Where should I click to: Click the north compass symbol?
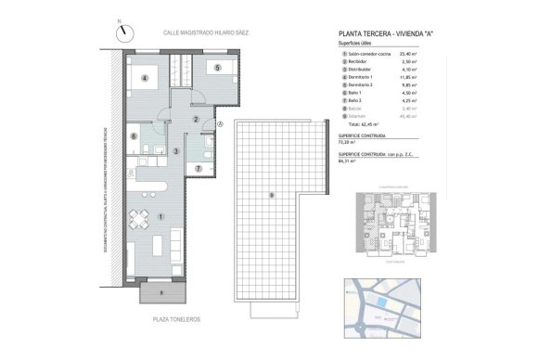[x=122, y=31]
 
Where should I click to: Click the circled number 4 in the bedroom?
[x=145, y=78]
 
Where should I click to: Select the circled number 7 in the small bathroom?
[x=200, y=168]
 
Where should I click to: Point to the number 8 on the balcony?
[x=161, y=292]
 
